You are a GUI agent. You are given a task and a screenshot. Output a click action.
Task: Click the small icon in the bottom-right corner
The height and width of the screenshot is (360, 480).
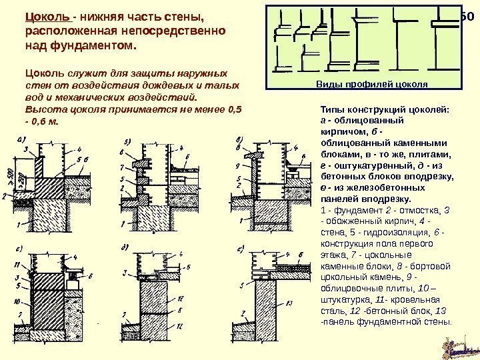(461, 346)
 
